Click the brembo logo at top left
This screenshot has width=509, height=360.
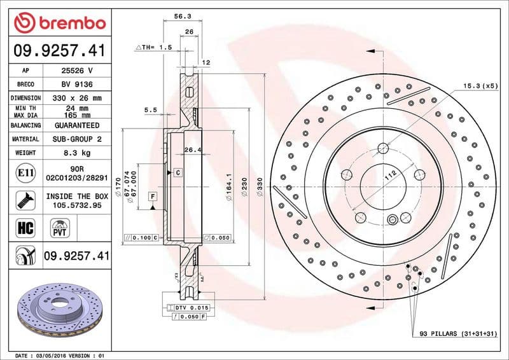pyautogui.click(x=59, y=24)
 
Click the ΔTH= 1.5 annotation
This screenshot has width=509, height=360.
pyautogui.click(x=153, y=47)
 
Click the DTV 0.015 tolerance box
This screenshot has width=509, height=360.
pyautogui.click(x=192, y=308)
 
